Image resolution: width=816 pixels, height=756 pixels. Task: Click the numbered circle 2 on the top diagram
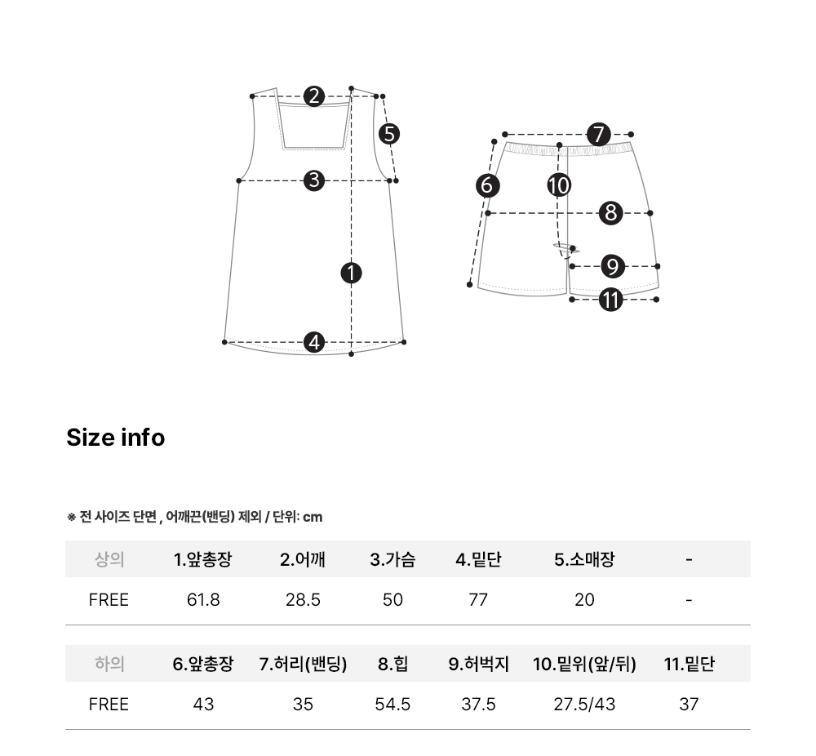(x=314, y=96)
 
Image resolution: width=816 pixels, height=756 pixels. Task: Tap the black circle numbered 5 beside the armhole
(x=389, y=134)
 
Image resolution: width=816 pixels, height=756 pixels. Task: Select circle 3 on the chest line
(x=314, y=180)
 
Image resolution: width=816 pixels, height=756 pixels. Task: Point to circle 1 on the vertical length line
(x=351, y=273)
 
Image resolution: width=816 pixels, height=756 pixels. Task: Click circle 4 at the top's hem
(x=314, y=342)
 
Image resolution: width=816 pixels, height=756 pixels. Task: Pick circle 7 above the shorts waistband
(x=598, y=135)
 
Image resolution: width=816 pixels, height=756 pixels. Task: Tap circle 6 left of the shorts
(x=488, y=185)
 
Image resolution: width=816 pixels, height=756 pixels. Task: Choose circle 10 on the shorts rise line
(x=559, y=185)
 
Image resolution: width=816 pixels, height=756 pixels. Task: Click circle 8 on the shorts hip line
(x=611, y=213)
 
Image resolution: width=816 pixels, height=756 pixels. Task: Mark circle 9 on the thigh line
(x=613, y=266)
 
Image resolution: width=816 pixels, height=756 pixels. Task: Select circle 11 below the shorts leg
(x=611, y=300)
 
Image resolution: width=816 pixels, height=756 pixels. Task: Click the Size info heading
(x=116, y=438)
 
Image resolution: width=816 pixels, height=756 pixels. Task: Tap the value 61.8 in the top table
(x=203, y=600)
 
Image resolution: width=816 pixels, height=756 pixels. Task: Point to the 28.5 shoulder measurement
(x=303, y=600)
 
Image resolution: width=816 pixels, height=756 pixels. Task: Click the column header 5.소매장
(x=584, y=559)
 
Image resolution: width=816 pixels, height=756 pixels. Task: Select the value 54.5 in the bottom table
(x=392, y=705)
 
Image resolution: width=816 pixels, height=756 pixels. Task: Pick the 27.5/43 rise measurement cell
(x=584, y=705)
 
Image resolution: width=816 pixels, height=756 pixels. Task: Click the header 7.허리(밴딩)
(x=303, y=664)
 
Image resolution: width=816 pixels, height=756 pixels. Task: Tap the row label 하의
(x=109, y=664)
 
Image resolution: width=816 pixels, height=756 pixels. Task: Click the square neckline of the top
(x=314, y=149)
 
